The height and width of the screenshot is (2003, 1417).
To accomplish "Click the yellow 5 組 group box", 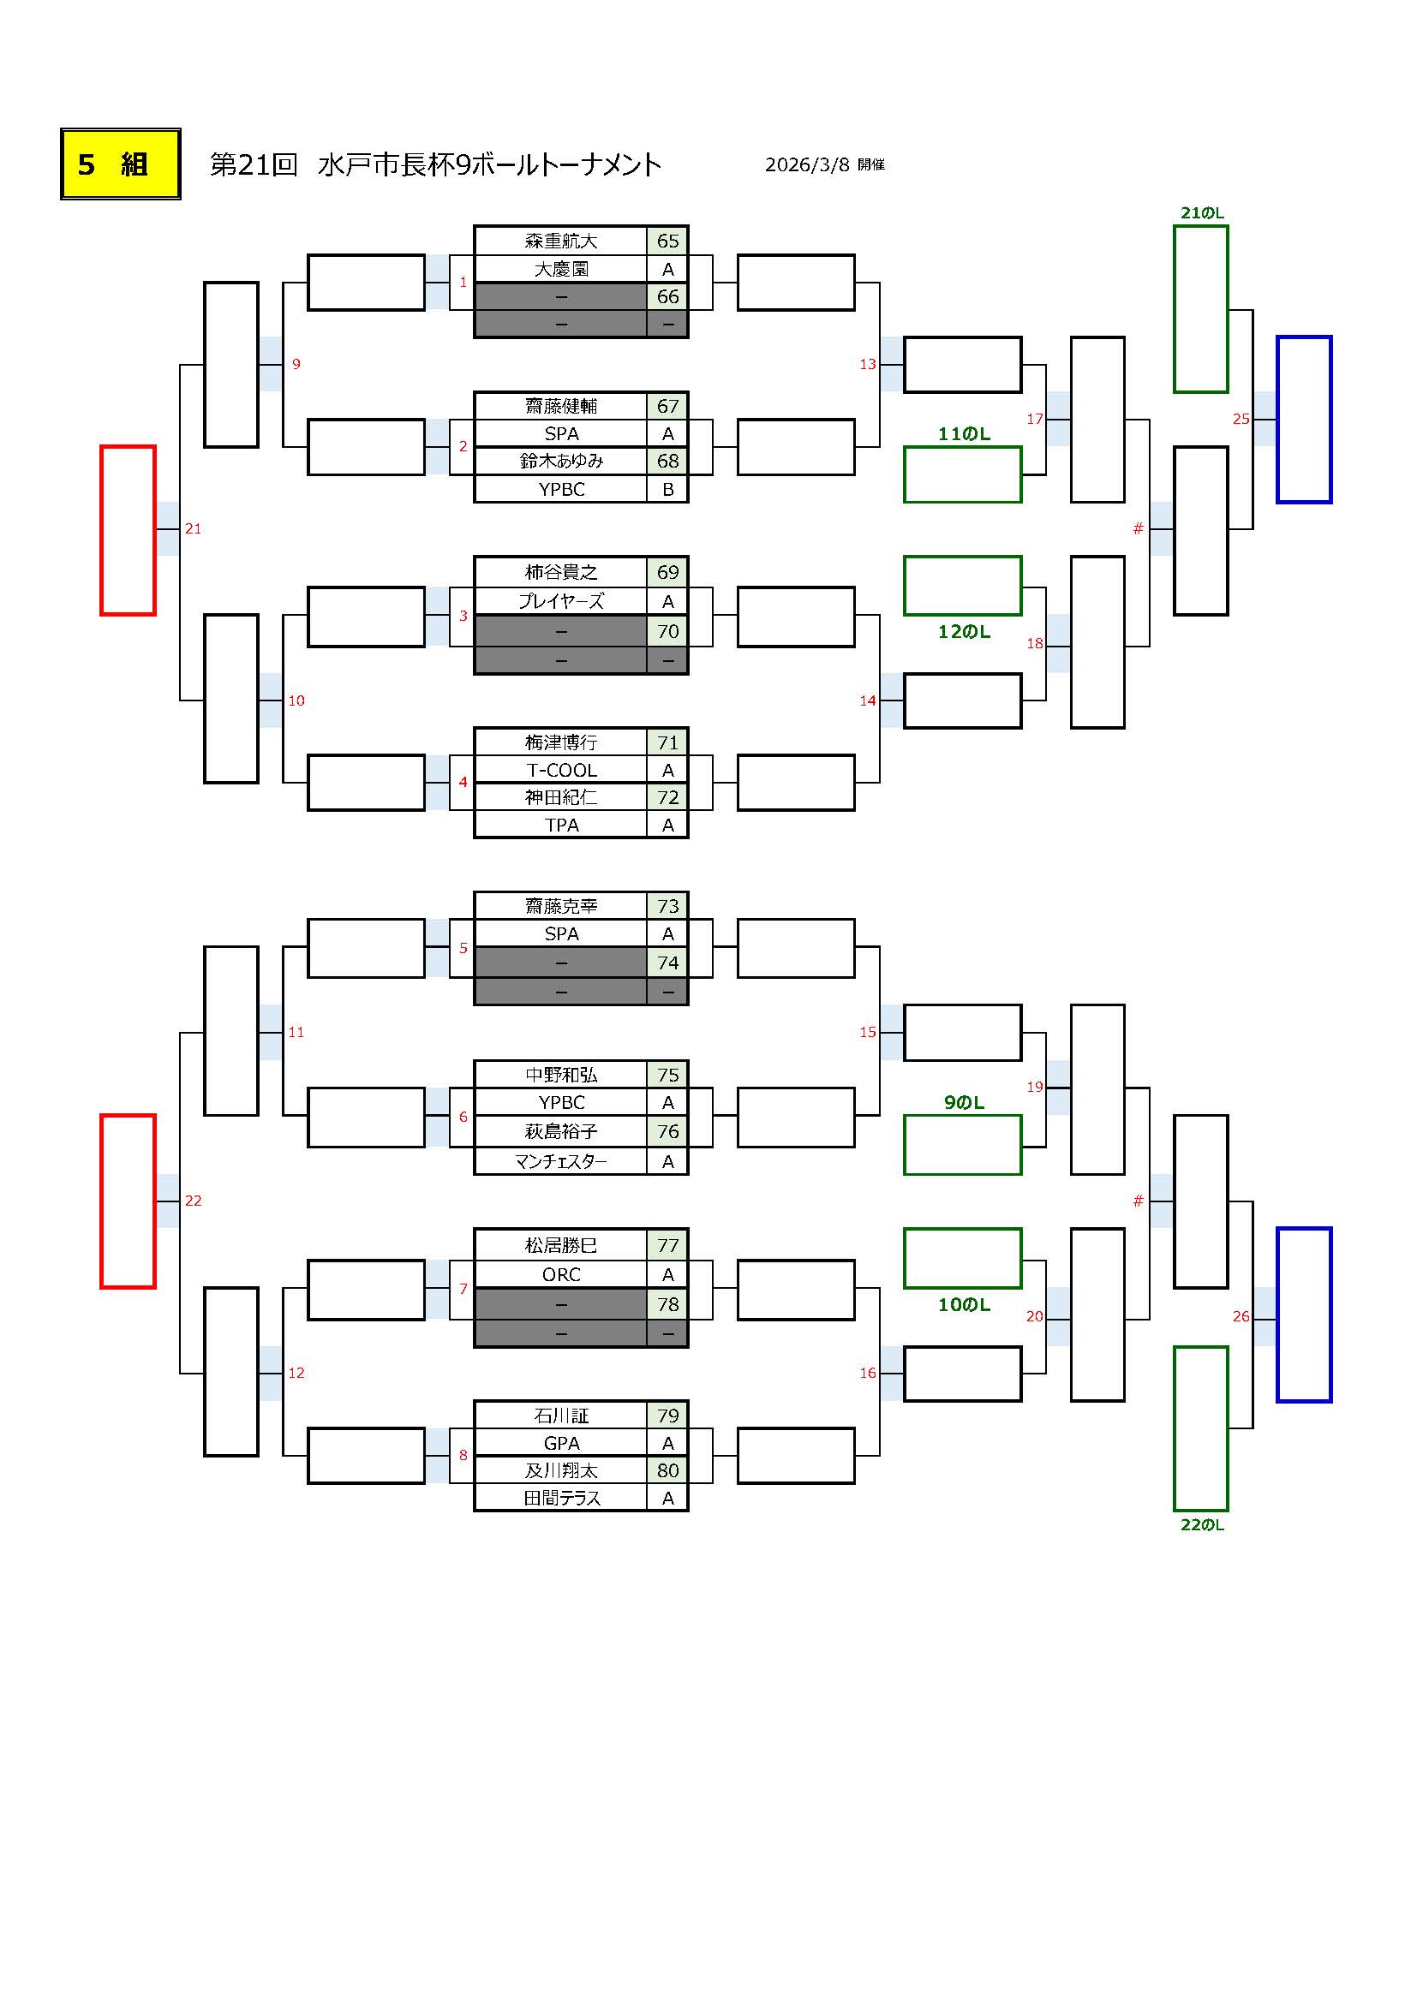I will pos(121,164).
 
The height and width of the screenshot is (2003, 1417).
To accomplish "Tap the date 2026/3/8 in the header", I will pos(806,165).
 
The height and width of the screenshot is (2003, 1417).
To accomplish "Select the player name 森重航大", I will pos(561,241).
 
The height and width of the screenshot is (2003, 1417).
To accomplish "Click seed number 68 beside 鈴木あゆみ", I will pos(667,461).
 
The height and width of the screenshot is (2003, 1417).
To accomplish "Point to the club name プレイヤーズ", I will pos(561,601).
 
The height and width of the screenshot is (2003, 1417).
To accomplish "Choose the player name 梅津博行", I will pos(561,742).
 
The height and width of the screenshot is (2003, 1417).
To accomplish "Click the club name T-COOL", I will pos(561,771).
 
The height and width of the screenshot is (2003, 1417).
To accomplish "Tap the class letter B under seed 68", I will pos(667,490).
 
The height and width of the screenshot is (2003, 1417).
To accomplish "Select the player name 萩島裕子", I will pos(561,1131).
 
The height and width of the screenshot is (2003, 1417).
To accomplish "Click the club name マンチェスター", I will pos(561,1161).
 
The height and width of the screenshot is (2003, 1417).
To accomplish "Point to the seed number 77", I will pos(667,1245).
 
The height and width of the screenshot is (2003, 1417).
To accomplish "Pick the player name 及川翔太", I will pos(561,1470).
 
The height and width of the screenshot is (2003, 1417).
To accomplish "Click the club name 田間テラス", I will pos(561,1498).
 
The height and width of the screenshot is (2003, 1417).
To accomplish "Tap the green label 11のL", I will pos(963,434).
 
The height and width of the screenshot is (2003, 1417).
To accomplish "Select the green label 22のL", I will pos(1201,1525).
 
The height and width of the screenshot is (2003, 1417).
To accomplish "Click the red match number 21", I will pos(193,528).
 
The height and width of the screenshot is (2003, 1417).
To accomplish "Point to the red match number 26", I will pos(1241,1316).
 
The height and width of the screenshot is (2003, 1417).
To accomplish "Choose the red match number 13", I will pos(867,364).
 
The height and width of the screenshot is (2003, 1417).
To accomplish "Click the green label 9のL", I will pos(963,1103).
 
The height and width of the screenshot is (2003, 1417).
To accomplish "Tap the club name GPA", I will pos(561,1443).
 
